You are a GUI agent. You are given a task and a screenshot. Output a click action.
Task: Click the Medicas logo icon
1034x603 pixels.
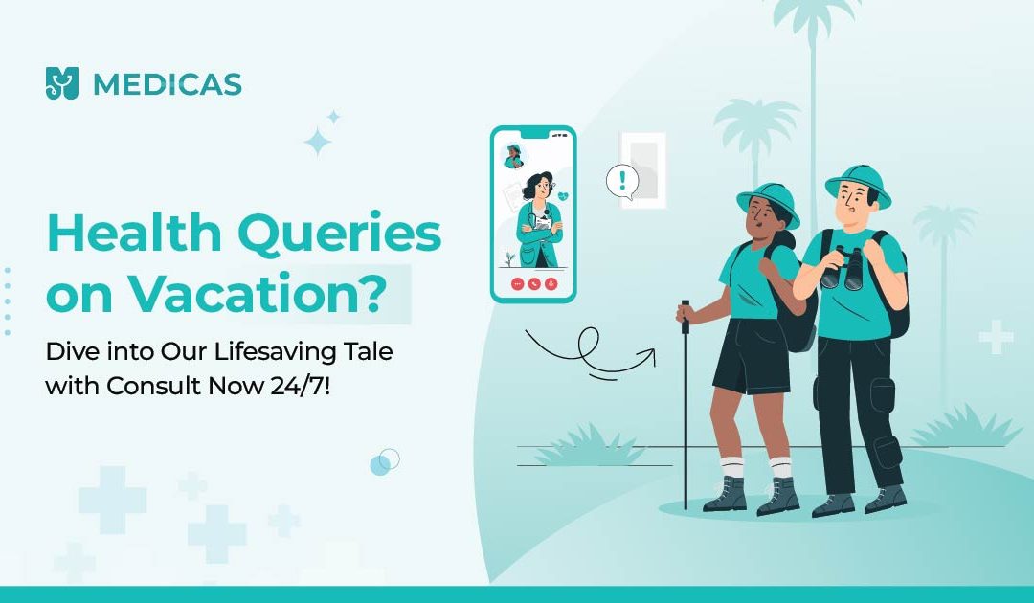62,83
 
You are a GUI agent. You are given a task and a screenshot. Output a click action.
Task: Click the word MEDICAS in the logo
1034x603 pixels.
168,84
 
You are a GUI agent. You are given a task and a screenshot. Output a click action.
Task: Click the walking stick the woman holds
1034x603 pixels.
686,405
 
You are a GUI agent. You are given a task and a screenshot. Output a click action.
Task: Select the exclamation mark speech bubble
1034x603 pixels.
622,181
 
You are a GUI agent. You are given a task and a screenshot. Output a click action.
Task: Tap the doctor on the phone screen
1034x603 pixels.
540,219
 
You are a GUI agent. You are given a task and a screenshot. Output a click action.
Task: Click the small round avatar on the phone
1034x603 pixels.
514,156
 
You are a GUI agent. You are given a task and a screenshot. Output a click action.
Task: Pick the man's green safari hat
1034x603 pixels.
858,185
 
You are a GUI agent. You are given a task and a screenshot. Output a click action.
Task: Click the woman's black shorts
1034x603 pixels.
753,356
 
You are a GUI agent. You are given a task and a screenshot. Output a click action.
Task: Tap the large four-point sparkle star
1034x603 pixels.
317,142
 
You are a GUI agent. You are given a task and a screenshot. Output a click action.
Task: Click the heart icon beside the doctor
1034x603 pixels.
563,196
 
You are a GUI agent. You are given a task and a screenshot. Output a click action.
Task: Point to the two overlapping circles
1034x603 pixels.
385,462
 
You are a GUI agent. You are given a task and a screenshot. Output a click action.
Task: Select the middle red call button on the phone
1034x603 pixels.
534,284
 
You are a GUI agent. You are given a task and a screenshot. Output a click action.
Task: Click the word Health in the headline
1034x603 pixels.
134,234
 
